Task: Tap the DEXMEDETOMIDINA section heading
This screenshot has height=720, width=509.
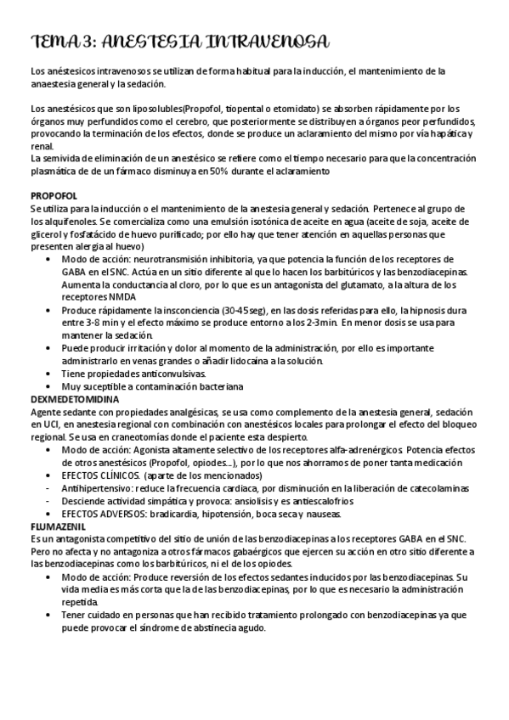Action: tap(75, 398)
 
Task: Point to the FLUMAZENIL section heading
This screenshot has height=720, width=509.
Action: tap(57, 526)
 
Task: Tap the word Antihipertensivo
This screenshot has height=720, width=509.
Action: tap(95, 488)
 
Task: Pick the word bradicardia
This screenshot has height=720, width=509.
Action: tap(175, 514)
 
